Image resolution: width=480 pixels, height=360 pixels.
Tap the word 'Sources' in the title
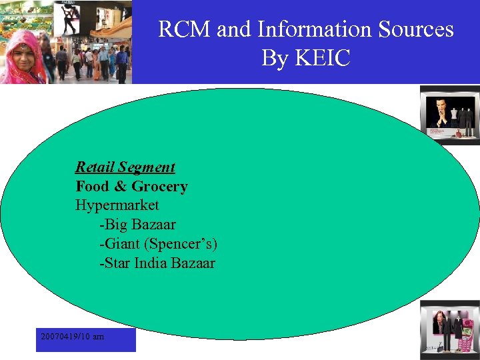point(416,30)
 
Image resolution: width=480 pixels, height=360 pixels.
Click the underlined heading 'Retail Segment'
point(125,167)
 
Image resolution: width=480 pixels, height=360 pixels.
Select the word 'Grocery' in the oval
point(159,187)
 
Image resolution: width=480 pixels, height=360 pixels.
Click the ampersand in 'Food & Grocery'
point(120,187)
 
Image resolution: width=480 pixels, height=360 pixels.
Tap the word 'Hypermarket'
point(117,205)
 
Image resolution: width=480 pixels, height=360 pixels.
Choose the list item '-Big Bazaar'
point(137,225)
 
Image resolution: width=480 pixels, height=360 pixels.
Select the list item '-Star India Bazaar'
point(157,263)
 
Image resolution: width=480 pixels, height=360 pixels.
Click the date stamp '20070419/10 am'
point(72,337)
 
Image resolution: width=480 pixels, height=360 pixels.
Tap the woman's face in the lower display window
point(441,319)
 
